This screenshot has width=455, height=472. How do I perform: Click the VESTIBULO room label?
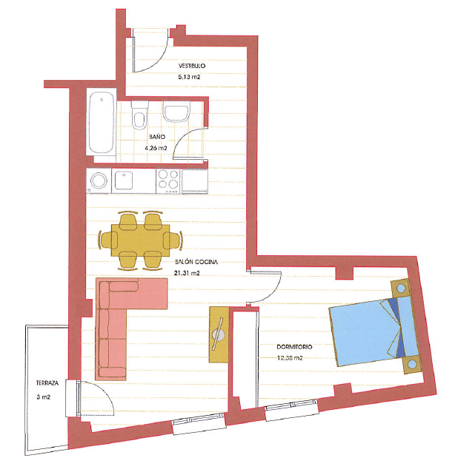pos(191,66)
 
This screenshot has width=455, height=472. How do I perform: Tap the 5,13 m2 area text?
pos(190,77)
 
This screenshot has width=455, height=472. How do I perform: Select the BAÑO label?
pos(156,138)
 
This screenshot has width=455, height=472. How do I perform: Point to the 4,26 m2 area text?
pos(156,148)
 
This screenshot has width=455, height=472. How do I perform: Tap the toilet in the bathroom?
pos(138,118)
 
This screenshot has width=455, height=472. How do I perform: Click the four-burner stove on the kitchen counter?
pos(167,180)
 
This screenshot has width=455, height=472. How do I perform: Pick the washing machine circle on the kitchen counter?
pos(99,180)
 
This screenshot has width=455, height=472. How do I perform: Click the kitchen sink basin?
pos(122,180)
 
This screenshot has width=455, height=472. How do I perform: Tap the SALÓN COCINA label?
pos(196,261)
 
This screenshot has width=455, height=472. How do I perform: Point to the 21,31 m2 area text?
pos(187,273)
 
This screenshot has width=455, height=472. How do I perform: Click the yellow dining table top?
pos(141,240)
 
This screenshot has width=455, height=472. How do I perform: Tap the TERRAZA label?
pos(47,383)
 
